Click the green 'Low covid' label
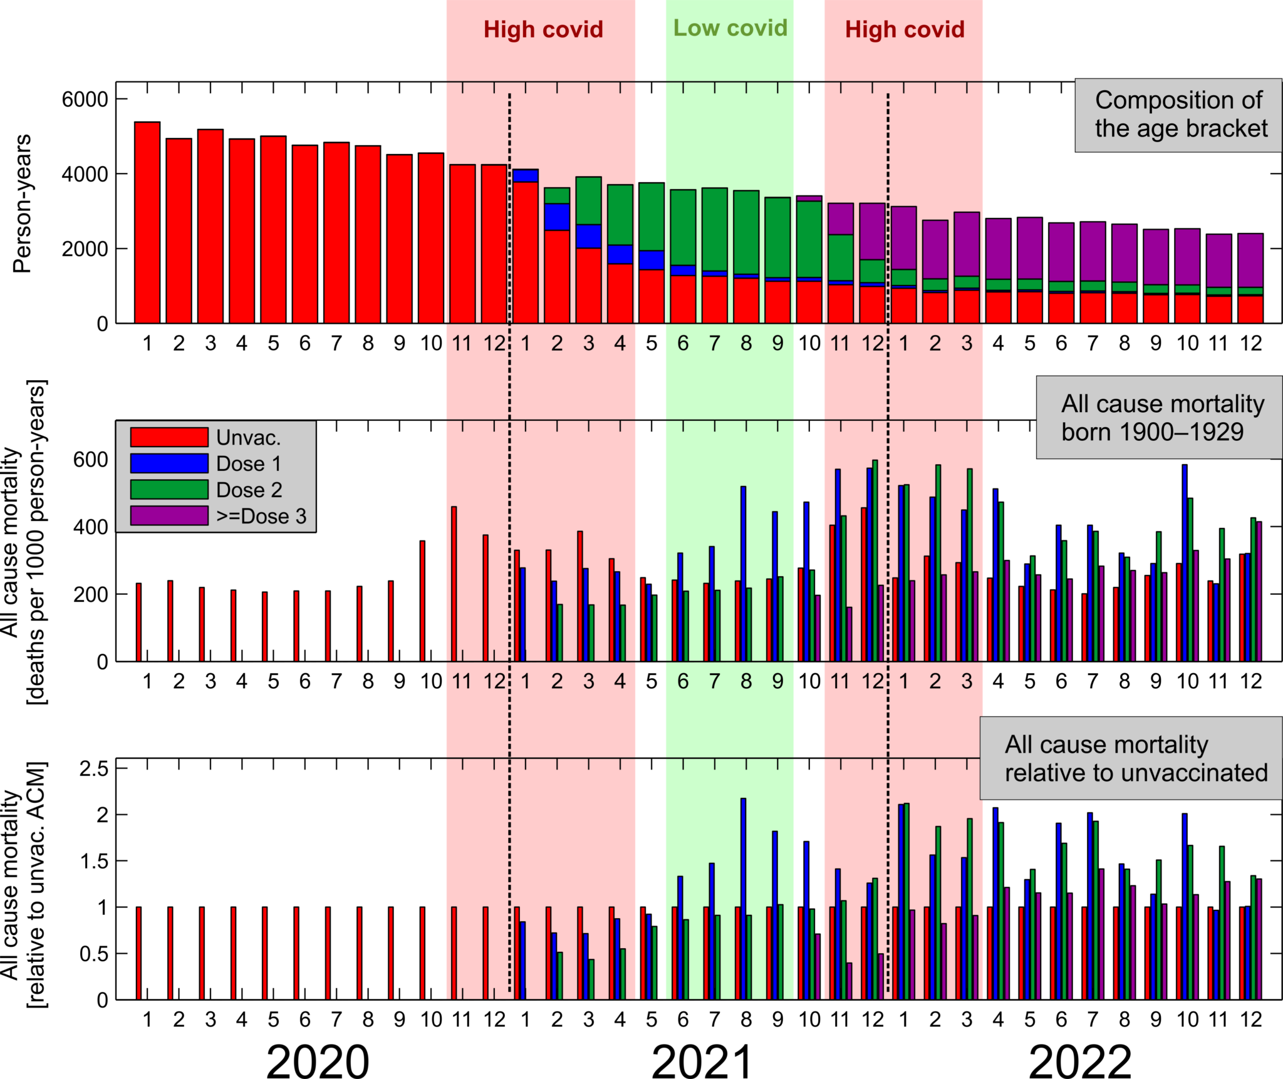730,28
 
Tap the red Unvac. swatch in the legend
169,436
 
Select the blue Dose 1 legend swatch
169,463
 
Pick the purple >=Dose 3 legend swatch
169,515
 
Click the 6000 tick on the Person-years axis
85,100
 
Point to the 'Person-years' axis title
22,203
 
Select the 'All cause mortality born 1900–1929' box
1159,418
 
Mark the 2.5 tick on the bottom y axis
94,768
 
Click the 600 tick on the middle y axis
90,460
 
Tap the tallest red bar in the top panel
147,222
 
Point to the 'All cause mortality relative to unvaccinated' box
1131,758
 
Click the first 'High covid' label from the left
543,29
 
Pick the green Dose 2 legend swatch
169,489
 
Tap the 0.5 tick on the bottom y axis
94,954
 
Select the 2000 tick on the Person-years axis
85,249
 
